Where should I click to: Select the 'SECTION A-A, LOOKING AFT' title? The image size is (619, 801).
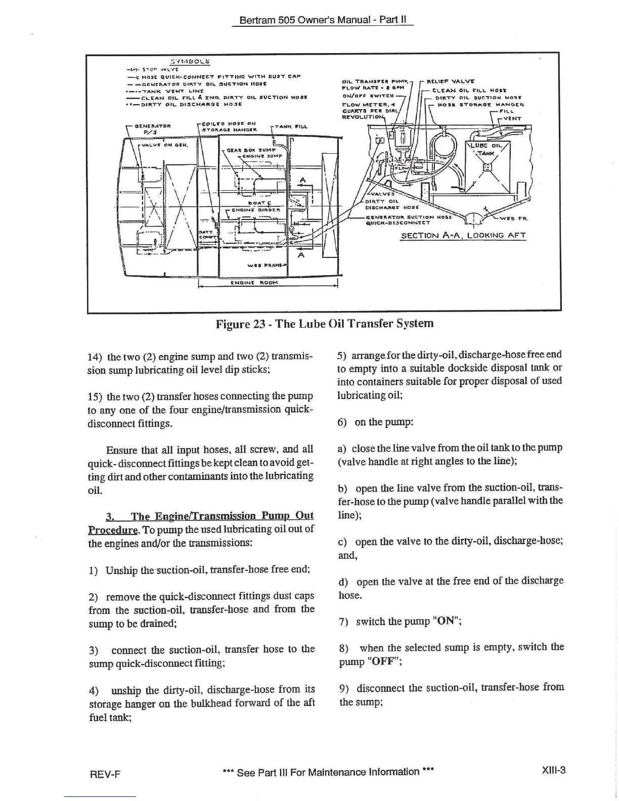(463, 235)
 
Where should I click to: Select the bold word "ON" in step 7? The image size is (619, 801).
(446, 622)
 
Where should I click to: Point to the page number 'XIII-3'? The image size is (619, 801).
(553, 771)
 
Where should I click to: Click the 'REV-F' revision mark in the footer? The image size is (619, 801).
(107, 774)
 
